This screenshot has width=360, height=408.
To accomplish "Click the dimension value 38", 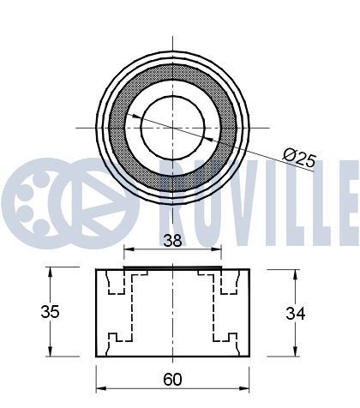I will [x=172, y=242].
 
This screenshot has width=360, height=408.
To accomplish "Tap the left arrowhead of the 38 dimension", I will [x=128, y=252].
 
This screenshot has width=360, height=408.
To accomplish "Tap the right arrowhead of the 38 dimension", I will [x=218, y=252].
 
